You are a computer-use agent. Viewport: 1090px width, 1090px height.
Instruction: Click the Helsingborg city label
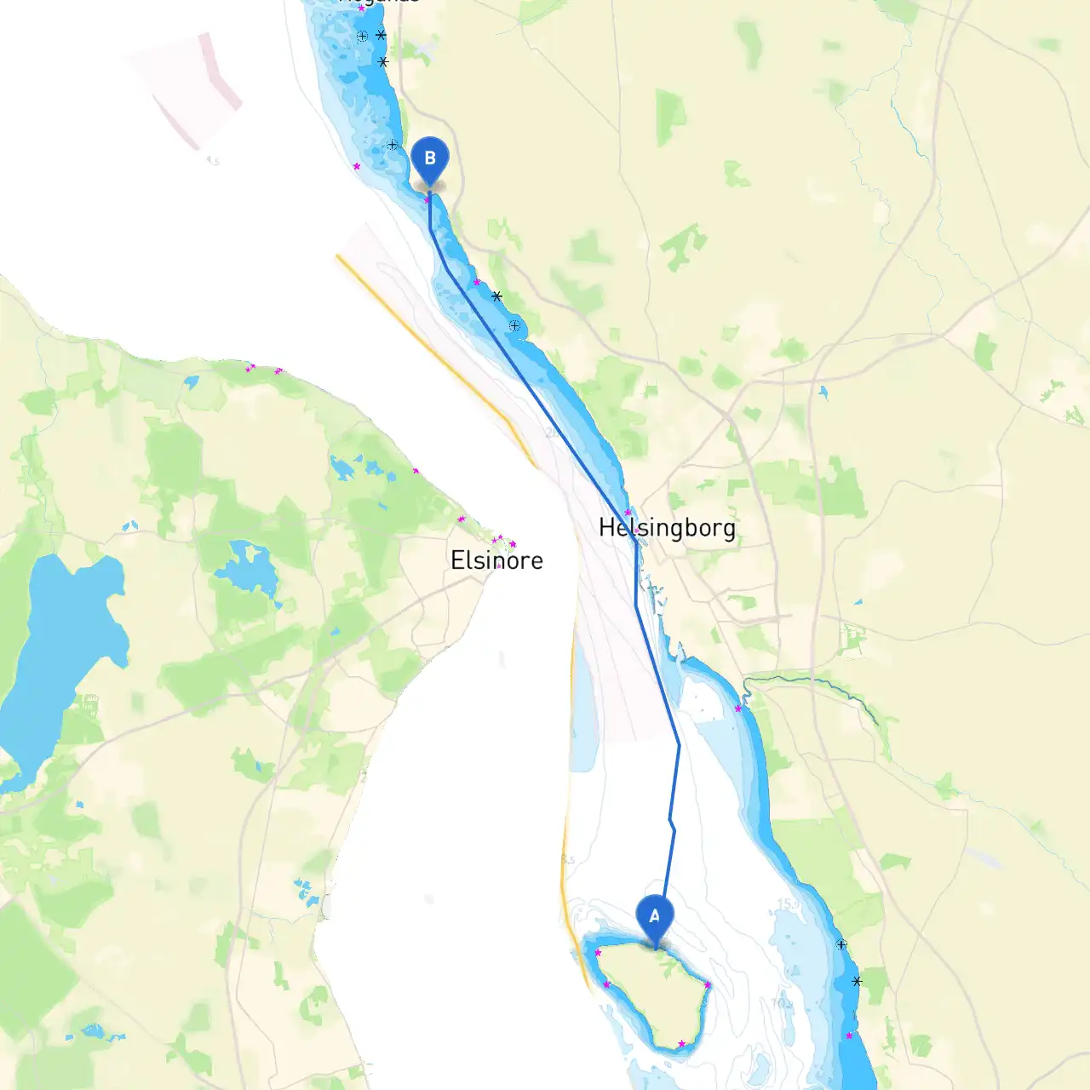click(x=667, y=528)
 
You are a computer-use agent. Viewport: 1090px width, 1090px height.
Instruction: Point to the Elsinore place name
click(x=496, y=560)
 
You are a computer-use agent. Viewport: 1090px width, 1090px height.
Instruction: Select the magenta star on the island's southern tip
click(x=681, y=1043)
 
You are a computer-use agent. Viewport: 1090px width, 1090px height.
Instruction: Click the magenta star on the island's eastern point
click(x=708, y=985)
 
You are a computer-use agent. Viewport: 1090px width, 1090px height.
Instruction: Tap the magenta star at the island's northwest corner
click(x=598, y=952)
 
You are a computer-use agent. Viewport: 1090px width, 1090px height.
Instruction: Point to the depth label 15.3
click(x=788, y=904)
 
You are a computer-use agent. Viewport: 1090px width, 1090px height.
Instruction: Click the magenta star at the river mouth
click(x=738, y=708)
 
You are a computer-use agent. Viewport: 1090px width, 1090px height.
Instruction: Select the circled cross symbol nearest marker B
click(x=393, y=145)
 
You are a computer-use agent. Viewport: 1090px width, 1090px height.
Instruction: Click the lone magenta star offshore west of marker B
click(x=357, y=166)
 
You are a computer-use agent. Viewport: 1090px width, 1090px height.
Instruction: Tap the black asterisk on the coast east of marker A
click(x=857, y=981)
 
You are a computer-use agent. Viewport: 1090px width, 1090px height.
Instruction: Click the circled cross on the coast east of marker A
click(x=841, y=944)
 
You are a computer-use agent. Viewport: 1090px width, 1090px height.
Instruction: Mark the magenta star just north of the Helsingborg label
click(x=628, y=512)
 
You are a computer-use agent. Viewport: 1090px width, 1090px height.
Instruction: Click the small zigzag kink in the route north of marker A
click(x=672, y=823)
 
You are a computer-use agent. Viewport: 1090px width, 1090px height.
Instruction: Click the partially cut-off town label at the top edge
click(x=379, y=3)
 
